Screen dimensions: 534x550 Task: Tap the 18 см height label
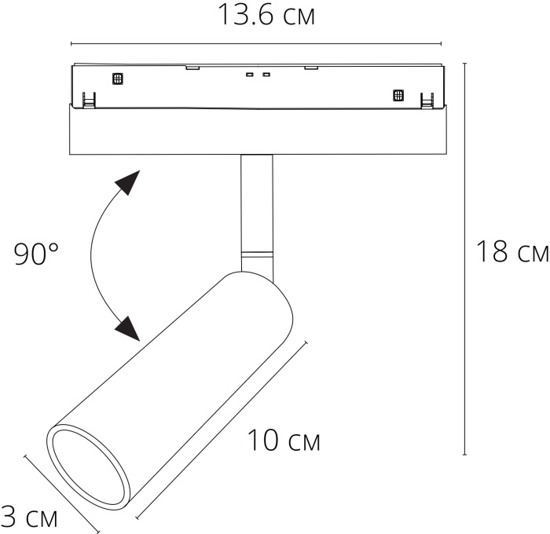coord(511,252)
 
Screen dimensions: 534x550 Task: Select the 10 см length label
coord(284,441)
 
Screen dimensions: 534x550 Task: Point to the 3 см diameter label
coord(30,517)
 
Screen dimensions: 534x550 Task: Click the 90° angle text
coord(37,254)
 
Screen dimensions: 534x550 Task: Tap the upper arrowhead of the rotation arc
coord(127,185)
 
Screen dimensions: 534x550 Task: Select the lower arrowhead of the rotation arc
coord(126,327)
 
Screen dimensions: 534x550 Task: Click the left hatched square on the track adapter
coord(119,78)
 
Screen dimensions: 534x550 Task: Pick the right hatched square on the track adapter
coord(398,96)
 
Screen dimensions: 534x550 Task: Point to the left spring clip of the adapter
coord(89,100)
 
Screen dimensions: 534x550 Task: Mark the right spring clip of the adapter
coord(427,100)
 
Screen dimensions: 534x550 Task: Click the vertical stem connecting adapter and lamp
coord(257,204)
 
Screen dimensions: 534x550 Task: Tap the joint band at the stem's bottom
coord(257,255)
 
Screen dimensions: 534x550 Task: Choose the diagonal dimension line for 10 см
coord(220,429)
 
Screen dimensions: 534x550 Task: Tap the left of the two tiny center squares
coord(249,75)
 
